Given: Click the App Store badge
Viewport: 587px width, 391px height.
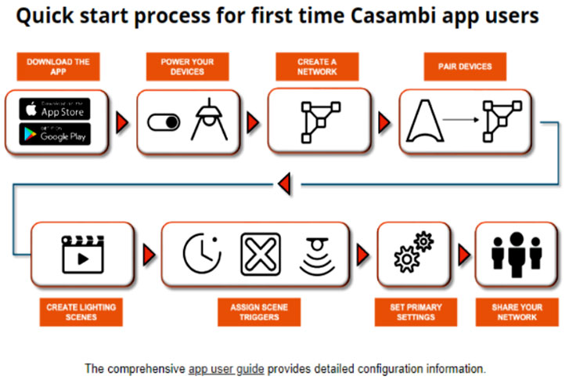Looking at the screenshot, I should coord(55,109).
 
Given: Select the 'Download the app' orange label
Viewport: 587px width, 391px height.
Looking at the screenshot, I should coord(58,67).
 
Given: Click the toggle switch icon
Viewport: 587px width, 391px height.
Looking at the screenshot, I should coord(164,122).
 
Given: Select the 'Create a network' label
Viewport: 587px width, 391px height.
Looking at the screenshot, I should coord(318,67).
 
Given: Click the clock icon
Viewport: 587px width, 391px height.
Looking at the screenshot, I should coord(200,254).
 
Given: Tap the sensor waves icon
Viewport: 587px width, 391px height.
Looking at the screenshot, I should coord(318,254).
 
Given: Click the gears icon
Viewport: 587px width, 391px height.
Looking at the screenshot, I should coord(412,253).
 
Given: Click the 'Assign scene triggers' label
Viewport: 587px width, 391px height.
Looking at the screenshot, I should coord(259,312).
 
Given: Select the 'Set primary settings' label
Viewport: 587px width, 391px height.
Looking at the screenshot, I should coord(412,312).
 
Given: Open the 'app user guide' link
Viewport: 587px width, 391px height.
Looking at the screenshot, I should coord(226,368).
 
